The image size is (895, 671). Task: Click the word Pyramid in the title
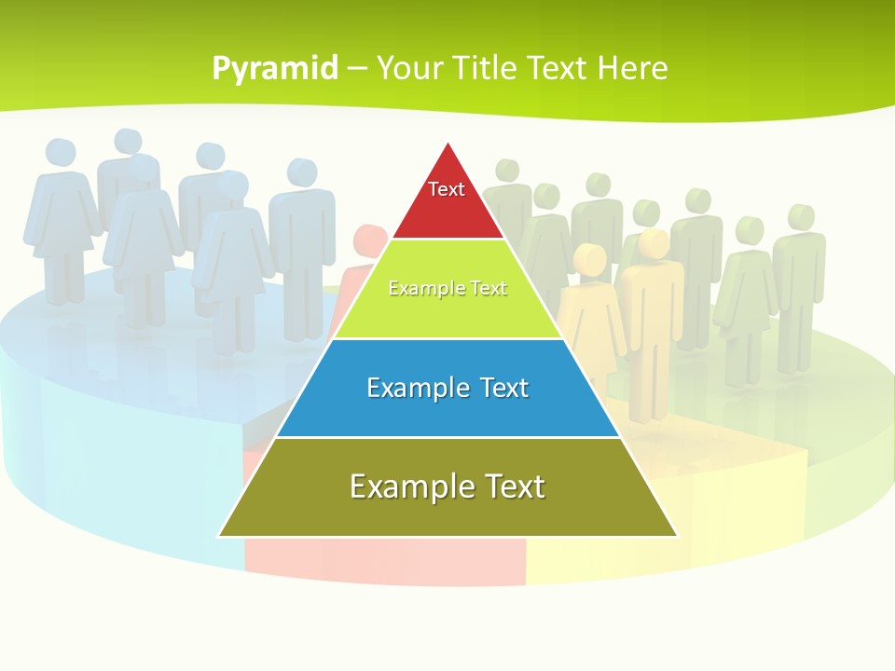point(274,69)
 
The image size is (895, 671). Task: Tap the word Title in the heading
point(489,68)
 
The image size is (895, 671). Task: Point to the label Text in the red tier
point(447,189)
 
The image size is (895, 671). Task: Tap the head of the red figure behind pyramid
point(370,239)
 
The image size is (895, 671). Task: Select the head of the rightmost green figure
point(800,217)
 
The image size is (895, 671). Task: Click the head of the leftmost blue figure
point(60,153)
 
